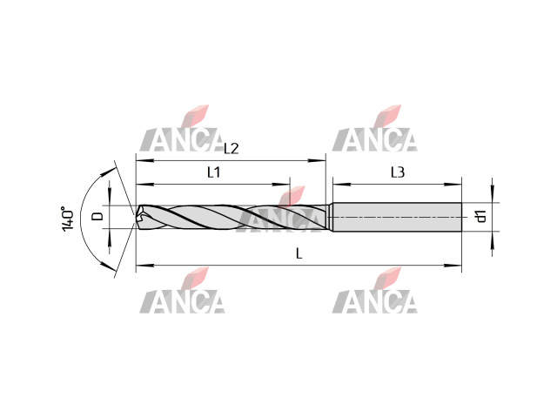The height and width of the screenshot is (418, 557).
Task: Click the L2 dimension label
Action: (232, 149)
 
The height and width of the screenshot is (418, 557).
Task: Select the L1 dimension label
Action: (214, 172)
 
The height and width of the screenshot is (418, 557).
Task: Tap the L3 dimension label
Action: (398, 172)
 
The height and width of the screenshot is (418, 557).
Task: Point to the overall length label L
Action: (299, 253)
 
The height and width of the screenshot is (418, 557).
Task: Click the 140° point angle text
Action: (68, 219)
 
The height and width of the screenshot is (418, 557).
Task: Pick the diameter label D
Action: (97, 216)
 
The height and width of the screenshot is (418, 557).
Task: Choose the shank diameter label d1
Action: (480, 216)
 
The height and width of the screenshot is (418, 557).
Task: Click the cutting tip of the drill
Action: (137, 217)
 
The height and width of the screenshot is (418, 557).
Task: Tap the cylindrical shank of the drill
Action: (397, 217)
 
